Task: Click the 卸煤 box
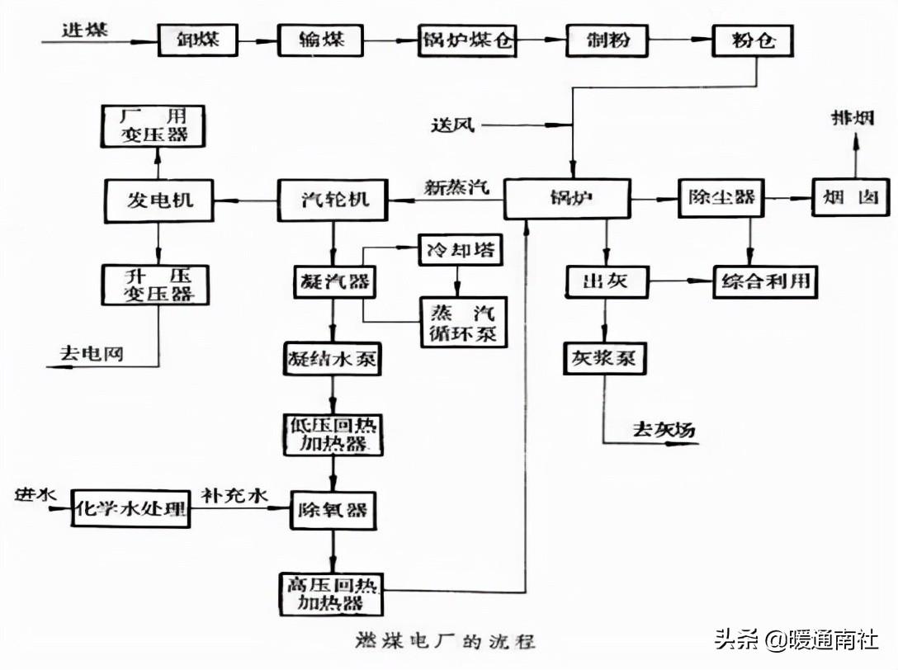point(198,39)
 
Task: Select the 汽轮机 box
point(332,200)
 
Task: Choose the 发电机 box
point(158,200)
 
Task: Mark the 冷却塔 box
point(461,249)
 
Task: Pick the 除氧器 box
point(333,512)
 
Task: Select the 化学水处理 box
point(130,507)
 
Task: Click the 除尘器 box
point(717,198)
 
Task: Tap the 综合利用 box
point(764,282)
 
